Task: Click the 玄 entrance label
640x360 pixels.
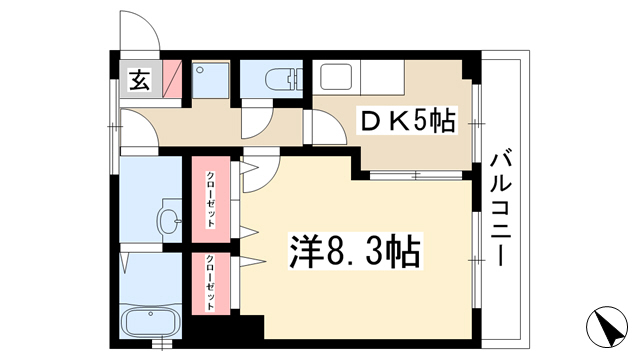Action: coord(140,80)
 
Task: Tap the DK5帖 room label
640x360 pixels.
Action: coord(407,120)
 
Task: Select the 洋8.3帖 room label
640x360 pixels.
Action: coord(355,251)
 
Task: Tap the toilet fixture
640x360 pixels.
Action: coord(283,79)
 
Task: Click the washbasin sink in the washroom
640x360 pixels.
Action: coord(169,221)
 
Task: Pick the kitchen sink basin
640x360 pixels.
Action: coord(336,76)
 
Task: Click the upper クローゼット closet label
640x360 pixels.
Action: coord(211,200)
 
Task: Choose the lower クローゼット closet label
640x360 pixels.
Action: coord(210,282)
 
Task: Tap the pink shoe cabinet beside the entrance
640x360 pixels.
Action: coord(172,79)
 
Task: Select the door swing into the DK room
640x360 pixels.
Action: coord(329,127)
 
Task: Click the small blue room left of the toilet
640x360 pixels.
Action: coord(210,80)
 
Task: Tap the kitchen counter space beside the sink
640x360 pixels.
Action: coord(382,77)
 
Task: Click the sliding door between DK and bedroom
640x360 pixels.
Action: coord(416,176)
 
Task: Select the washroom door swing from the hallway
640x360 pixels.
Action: coord(139,128)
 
